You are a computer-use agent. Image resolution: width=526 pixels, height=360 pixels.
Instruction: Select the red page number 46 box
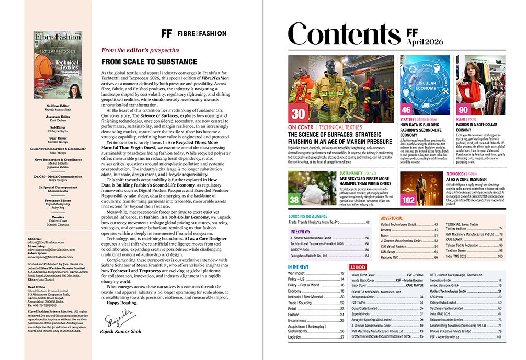406,110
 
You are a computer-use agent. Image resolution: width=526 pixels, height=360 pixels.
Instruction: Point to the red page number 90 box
463,110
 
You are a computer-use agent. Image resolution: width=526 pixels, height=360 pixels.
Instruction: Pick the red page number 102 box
408,199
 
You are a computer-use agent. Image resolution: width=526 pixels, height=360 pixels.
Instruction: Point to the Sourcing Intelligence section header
308,215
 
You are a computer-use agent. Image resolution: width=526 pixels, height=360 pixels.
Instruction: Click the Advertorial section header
392,218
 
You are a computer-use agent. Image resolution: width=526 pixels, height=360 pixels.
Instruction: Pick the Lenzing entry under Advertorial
387,229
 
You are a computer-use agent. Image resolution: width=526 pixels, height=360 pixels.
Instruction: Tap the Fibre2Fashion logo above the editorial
193,33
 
